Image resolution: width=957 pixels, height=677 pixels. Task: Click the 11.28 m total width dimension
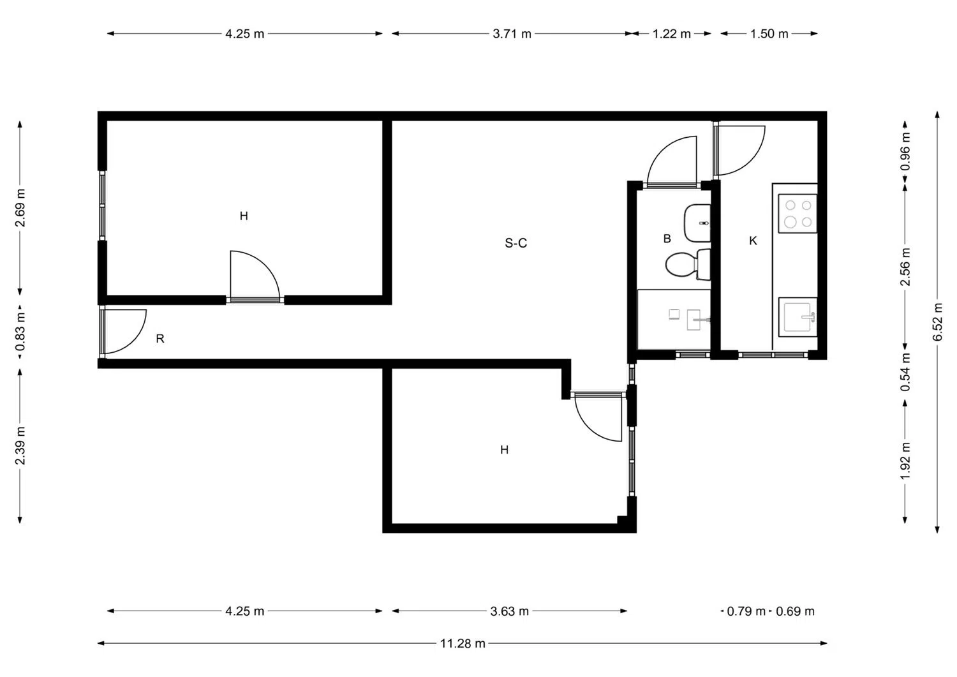pos(463,643)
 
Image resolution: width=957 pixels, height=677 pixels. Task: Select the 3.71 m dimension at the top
pos(512,34)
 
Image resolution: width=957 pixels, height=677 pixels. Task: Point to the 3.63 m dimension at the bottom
pos(509,611)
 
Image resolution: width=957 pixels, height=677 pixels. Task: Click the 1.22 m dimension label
pos(671,34)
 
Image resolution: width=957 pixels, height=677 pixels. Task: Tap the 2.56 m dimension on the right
pos(905,266)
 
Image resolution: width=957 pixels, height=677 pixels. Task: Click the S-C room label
pos(516,243)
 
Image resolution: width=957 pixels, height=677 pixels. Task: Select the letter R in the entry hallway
pos(160,339)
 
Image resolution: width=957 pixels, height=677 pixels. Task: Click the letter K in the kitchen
pos(753,241)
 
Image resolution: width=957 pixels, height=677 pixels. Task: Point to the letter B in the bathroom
pos(667,239)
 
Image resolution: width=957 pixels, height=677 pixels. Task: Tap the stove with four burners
pos(797,214)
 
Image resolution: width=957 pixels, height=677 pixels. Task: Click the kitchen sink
pos(797,316)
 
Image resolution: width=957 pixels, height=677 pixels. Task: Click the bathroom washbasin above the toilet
pos(697,223)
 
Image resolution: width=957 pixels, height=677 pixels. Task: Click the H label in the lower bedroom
pos(504,450)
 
